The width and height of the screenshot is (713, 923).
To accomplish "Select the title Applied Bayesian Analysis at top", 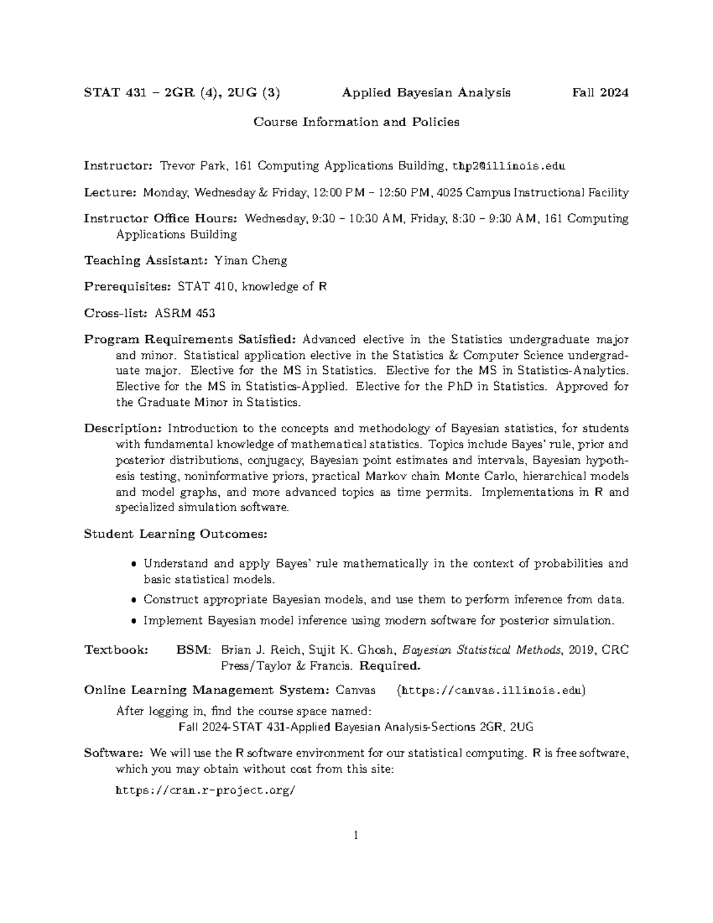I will [x=426, y=93].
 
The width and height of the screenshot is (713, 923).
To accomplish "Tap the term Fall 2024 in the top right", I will [x=600, y=93].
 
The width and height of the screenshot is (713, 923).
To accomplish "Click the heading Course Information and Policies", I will [x=356, y=122].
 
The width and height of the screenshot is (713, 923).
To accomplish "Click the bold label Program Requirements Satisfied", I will [x=190, y=339].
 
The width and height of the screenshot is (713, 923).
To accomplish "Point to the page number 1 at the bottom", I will [x=356, y=836].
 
